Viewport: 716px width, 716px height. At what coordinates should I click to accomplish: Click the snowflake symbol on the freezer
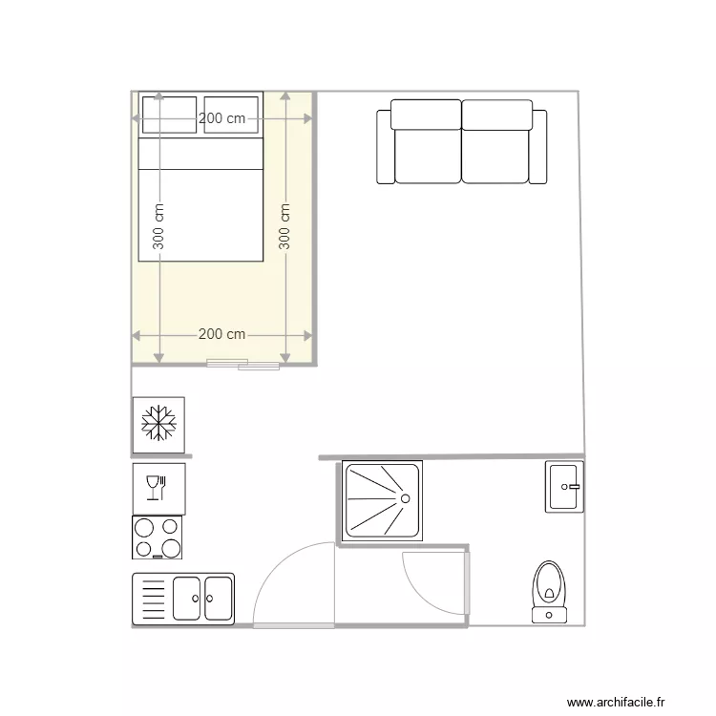(x=158, y=424)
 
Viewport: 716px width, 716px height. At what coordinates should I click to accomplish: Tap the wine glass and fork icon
(x=158, y=489)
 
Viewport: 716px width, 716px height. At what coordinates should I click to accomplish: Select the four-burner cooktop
(x=158, y=537)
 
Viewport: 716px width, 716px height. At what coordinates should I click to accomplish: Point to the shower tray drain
(x=404, y=497)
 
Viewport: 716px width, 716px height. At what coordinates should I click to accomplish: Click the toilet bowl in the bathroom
(x=549, y=584)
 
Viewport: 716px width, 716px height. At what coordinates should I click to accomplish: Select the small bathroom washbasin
(x=563, y=487)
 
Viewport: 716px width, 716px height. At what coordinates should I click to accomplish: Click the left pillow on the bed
(x=168, y=116)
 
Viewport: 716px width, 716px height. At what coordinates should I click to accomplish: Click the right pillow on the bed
(x=232, y=116)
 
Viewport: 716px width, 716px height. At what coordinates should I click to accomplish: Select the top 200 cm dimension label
(x=221, y=118)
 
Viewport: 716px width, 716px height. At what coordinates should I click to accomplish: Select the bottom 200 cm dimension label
(x=221, y=335)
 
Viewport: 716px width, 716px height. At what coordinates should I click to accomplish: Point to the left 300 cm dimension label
(x=158, y=227)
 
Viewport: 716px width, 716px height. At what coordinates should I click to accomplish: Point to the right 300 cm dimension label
(x=285, y=227)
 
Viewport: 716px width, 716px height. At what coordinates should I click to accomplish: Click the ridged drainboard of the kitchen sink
(x=153, y=599)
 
